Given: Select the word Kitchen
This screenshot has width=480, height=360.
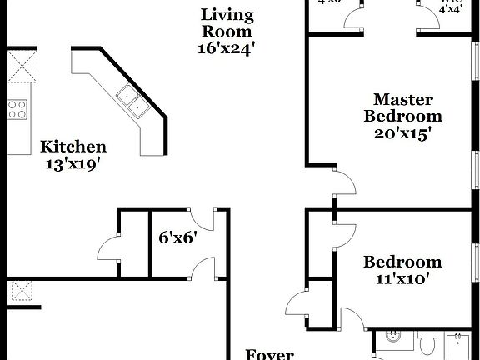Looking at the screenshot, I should tap(73, 147).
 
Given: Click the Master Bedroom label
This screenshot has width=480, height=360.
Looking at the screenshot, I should tap(402, 107).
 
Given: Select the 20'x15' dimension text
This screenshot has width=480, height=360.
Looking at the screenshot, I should tap(402, 132).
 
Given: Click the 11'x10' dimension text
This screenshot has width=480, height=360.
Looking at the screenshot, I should tap(402, 279).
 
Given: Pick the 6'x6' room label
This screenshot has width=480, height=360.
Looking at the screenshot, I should tap(177, 237).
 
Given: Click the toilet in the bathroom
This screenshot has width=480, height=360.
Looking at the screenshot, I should tap(428, 342).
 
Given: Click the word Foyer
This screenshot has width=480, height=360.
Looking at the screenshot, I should tap(269, 354).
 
